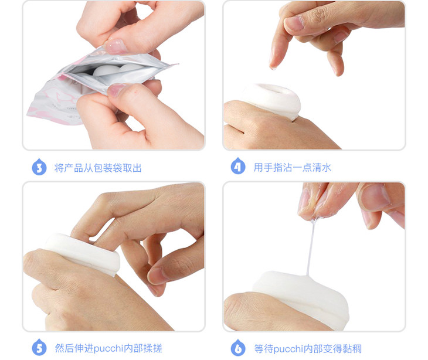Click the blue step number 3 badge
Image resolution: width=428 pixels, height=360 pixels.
[39, 167]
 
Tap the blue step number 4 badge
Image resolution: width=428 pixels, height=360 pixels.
[238, 166]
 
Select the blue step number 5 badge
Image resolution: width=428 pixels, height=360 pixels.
[39, 348]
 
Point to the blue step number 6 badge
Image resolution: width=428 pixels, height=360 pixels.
[238, 348]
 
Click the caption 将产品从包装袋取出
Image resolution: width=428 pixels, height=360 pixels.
[98, 168]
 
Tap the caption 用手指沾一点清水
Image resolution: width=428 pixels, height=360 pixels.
[293, 167]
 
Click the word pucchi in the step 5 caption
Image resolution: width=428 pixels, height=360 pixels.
[108, 349]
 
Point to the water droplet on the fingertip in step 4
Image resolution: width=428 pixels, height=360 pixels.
[273, 67]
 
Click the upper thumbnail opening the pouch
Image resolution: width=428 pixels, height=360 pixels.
[116, 46]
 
